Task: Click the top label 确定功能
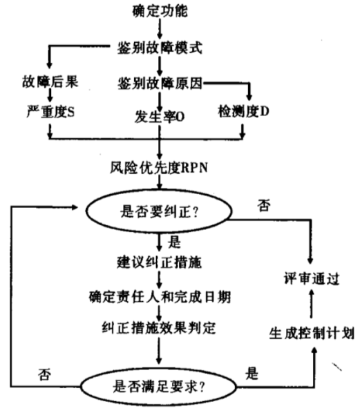(160, 11)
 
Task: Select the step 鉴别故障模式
(160, 47)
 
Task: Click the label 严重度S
(49, 111)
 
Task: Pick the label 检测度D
(245, 111)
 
